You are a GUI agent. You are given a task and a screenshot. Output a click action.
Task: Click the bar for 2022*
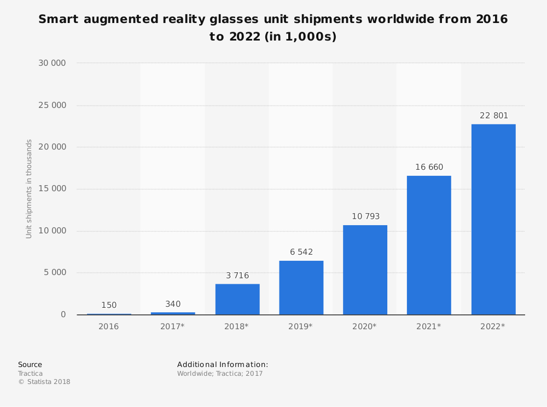(x=493, y=219)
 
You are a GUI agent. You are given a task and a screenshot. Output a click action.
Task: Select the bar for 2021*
(x=429, y=245)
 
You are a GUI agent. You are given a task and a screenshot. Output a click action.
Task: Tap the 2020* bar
(x=365, y=270)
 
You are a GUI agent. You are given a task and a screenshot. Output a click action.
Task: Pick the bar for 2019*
(x=301, y=287)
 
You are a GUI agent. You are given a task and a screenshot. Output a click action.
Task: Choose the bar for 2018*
(x=237, y=299)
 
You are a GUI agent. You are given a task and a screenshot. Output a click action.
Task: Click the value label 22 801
(x=493, y=116)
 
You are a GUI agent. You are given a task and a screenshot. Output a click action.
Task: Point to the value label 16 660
(x=429, y=167)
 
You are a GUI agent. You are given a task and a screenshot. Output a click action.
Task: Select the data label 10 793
(x=365, y=216)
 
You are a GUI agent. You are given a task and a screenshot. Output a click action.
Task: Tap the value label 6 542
(x=301, y=252)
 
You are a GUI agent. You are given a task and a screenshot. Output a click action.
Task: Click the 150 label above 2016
(x=109, y=305)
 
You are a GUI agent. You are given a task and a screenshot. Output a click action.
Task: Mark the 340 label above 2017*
(x=173, y=304)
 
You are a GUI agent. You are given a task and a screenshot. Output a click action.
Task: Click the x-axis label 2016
(x=108, y=326)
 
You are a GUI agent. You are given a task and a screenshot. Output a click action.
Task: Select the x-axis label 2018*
(x=236, y=326)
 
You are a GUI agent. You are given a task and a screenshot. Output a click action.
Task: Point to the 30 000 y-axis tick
(x=52, y=63)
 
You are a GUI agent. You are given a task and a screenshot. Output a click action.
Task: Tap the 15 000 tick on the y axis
(x=52, y=189)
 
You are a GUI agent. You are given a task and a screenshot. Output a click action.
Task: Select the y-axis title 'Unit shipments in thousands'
(x=30, y=188)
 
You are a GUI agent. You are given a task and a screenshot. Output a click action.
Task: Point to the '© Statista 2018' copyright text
(x=44, y=382)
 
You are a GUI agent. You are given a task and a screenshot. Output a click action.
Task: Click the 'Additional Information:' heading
(x=223, y=364)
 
